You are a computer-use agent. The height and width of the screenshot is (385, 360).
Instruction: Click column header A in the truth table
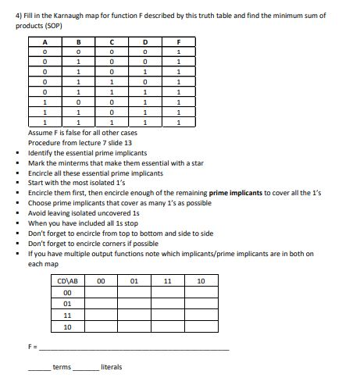(x=45, y=42)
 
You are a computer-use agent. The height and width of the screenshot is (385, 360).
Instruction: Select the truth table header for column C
(x=113, y=42)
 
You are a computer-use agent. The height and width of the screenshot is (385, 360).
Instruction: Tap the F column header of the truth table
(x=180, y=42)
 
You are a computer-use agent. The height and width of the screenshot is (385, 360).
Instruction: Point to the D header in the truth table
(x=147, y=42)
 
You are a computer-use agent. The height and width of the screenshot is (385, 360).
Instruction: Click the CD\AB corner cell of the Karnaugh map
(x=66, y=281)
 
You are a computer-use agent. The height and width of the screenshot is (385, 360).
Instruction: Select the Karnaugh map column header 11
(x=166, y=281)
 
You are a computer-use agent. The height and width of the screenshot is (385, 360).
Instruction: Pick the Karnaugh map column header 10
(x=201, y=281)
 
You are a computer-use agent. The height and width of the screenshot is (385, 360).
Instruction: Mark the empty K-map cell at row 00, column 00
(x=100, y=292)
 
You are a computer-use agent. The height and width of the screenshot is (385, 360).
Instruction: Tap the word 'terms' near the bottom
(x=62, y=367)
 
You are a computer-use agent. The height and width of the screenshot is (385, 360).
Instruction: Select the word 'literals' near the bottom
(x=112, y=367)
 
